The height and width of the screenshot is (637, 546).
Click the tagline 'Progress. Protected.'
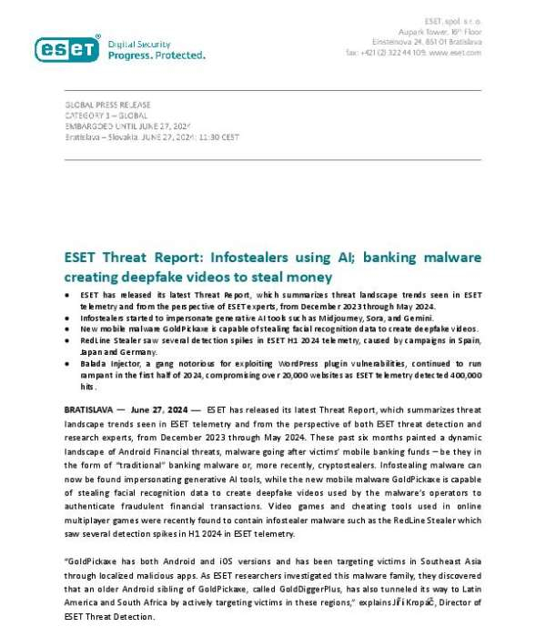(x=157, y=56)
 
